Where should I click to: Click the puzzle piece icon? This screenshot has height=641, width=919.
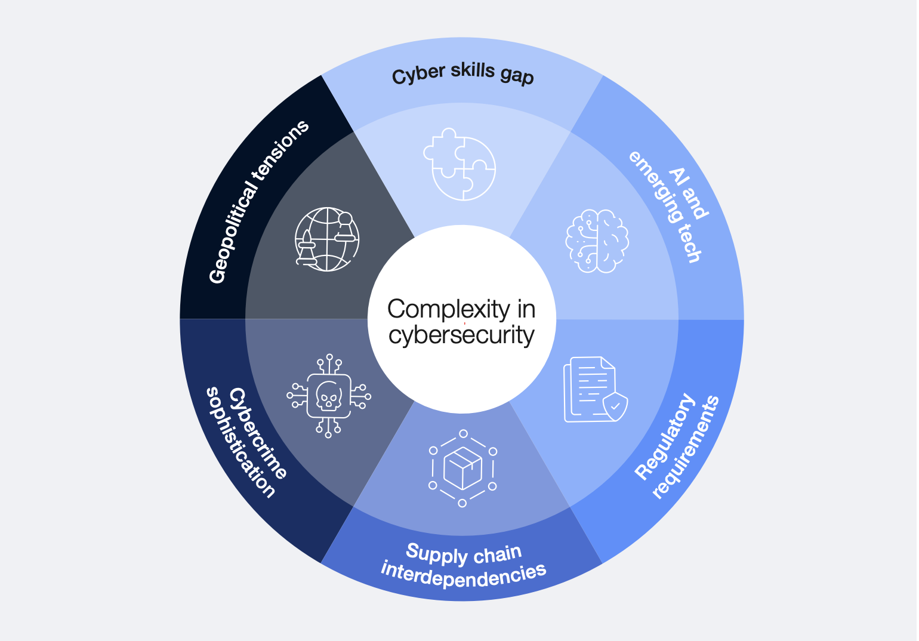(x=459, y=164)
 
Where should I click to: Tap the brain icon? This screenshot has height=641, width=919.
(x=597, y=241)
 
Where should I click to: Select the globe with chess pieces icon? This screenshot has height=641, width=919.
(x=327, y=239)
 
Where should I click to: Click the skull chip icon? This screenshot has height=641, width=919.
(x=329, y=396)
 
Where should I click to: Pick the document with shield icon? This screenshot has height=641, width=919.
(x=594, y=390)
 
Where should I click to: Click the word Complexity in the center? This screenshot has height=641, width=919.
(x=448, y=309)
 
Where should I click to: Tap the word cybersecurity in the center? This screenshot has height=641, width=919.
(x=461, y=335)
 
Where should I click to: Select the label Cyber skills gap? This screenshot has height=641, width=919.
(x=462, y=74)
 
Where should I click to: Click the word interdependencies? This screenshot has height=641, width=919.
(x=463, y=575)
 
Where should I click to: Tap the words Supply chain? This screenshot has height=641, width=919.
(x=464, y=554)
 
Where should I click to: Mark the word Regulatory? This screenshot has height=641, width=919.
(x=665, y=437)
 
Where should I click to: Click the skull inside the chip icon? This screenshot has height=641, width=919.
(x=329, y=396)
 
